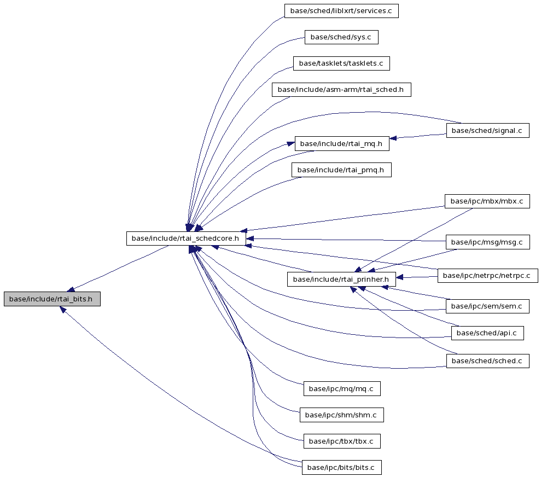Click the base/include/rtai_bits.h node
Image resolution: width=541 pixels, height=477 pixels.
tap(52, 299)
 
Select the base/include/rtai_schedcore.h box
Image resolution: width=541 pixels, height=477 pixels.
tap(186, 238)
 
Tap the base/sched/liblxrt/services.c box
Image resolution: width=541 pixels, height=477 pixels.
tap(341, 11)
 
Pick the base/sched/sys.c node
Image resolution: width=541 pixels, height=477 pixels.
tap(341, 37)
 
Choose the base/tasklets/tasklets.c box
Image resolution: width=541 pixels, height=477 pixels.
tap(341, 63)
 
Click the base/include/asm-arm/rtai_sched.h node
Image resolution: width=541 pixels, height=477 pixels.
tap(341, 90)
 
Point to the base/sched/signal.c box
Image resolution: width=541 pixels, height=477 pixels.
tap(487, 130)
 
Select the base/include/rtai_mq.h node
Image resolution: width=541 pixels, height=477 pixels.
tap(341, 143)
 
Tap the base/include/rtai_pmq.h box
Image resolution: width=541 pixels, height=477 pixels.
tap(341, 170)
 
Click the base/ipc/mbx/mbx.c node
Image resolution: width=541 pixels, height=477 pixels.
tap(487, 201)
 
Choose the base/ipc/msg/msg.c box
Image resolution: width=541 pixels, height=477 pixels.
tap(487, 242)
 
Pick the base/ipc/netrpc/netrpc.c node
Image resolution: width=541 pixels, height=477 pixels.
tap(487, 276)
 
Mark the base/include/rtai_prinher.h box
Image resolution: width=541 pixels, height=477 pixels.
tap(341, 279)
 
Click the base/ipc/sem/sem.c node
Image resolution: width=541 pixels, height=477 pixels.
tap(487, 306)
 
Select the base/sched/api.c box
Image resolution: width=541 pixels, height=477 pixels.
tap(487, 333)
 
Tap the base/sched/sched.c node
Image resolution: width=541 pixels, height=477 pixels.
tap(487, 361)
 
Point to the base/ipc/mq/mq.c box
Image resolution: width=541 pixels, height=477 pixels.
tap(341, 389)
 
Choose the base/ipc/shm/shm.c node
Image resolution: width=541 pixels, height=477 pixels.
tap(341, 415)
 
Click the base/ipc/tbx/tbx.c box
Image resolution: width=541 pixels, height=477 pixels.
tap(341, 441)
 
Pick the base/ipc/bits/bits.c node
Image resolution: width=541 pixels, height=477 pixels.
tap(341, 467)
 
